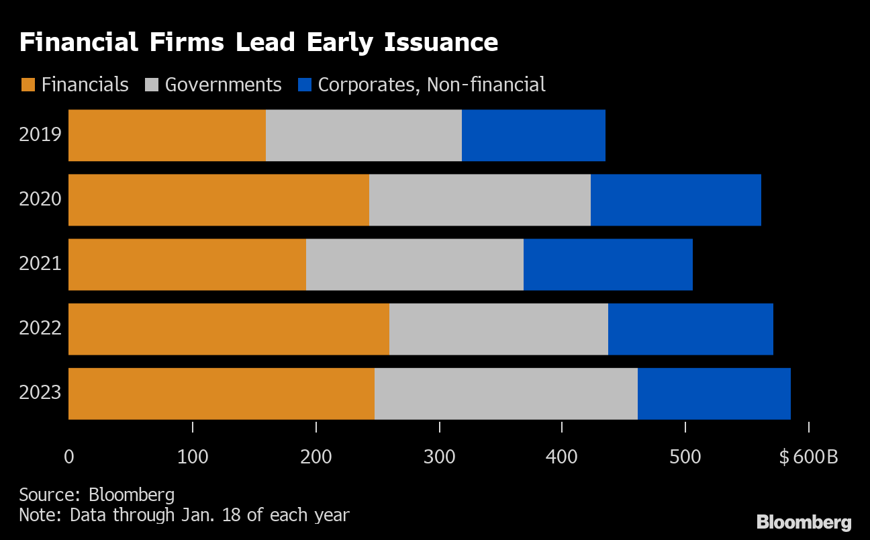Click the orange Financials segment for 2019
click(167, 136)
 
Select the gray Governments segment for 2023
click(506, 394)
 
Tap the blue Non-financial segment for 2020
click(676, 200)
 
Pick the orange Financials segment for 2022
click(229, 329)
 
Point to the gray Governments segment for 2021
click(415, 265)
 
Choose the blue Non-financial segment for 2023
click(714, 394)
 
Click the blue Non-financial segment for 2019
click(534, 136)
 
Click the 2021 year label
click(40, 264)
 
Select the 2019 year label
click(40, 135)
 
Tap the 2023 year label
click(40, 393)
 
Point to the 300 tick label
click(438, 457)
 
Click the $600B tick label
click(808, 457)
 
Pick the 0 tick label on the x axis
click(68, 457)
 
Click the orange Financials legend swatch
click(28, 85)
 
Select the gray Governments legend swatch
click(151, 85)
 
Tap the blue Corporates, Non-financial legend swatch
click(305, 85)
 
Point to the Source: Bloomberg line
click(97, 496)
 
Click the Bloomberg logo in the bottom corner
click(804, 522)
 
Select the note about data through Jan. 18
click(184, 515)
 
